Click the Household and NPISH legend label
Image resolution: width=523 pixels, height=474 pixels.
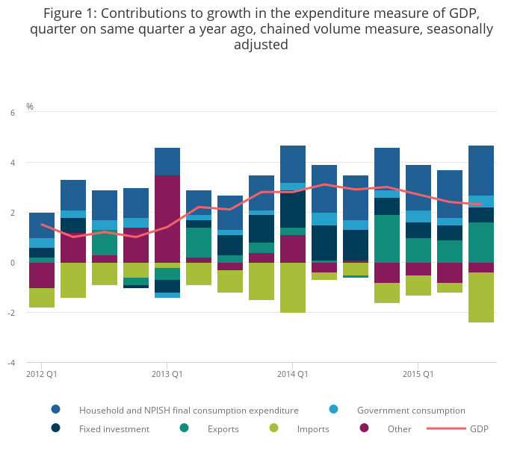pos(188,411)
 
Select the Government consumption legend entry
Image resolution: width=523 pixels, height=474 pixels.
pos(411,411)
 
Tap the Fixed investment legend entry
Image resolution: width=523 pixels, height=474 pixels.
pos(114,429)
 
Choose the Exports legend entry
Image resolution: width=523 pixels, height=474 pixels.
pos(223,429)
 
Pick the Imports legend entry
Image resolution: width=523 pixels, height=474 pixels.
pos(312,429)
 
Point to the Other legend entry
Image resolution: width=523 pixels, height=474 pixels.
pos(399,429)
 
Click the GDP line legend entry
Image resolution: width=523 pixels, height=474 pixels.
pos(478,429)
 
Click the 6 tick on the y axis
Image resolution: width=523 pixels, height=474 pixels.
pos(13,113)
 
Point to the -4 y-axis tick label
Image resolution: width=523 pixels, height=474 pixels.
pos(11,363)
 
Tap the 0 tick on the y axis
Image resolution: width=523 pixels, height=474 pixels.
pos(13,263)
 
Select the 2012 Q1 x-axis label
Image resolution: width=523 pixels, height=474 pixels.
pos(42,373)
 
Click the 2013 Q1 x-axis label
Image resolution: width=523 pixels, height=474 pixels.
pos(167,373)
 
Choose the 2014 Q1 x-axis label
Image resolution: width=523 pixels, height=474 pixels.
pos(293,373)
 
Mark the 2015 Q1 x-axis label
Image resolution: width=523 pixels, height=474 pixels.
pos(418,373)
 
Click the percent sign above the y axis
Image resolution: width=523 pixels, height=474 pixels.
pos(30,107)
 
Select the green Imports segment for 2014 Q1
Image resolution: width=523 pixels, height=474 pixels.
pos(293,287)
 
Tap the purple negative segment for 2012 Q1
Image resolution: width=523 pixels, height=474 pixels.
pos(42,275)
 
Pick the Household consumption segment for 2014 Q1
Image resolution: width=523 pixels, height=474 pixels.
pos(293,164)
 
